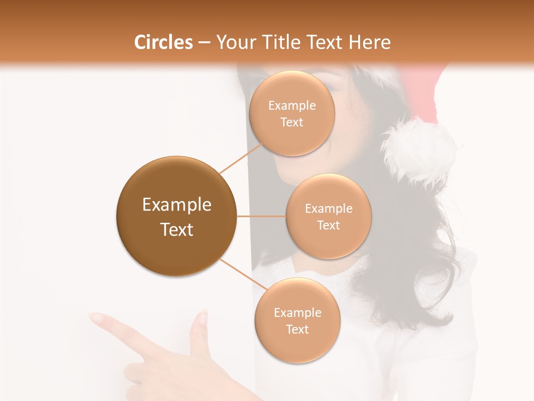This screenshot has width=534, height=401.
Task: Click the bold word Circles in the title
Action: coord(164,42)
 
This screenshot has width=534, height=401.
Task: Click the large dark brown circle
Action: coord(176,216)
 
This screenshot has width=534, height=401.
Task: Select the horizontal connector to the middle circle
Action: coord(261,216)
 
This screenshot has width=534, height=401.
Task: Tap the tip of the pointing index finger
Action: coord(96,318)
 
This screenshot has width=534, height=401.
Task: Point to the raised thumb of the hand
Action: coord(199,329)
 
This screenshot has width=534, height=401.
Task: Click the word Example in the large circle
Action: coord(176,205)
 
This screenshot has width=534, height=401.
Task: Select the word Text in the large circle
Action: coord(176,229)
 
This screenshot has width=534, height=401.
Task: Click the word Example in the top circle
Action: coord(292,106)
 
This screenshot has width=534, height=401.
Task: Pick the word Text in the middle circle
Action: coord(328,225)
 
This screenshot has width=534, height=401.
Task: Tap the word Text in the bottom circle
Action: coord(297,329)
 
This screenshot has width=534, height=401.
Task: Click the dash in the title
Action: coord(204,43)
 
